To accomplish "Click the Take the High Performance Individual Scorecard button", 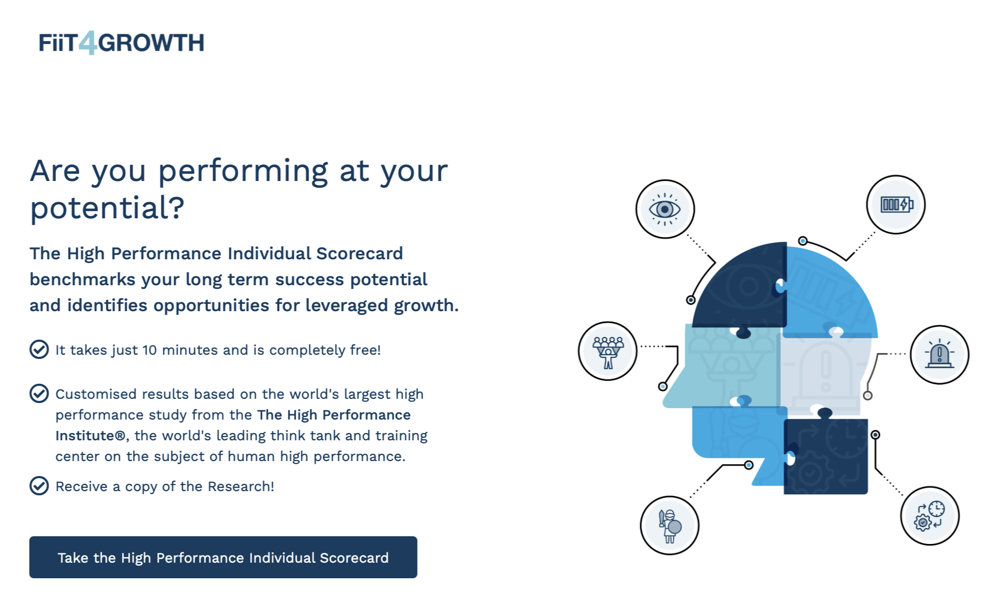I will click(x=223, y=557).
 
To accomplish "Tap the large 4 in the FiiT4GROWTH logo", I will click(x=88, y=43).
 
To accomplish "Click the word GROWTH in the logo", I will click(x=151, y=43).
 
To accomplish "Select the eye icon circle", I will click(x=665, y=209).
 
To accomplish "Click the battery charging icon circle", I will click(x=895, y=204).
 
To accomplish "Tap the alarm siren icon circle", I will click(x=939, y=355).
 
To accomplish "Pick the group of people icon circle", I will click(x=607, y=351).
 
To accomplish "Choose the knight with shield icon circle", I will click(x=669, y=525).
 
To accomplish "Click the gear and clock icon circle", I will click(x=930, y=516).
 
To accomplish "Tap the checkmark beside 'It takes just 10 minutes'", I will click(x=39, y=350).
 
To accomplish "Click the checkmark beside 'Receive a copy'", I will click(x=39, y=486).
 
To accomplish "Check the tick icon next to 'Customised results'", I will click(x=39, y=394).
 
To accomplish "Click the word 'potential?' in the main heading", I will click(x=107, y=208).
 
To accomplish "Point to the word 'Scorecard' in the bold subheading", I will click(x=359, y=253).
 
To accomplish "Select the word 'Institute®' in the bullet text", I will click(x=90, y=436).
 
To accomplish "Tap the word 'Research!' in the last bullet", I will click(x=240, y=486).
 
